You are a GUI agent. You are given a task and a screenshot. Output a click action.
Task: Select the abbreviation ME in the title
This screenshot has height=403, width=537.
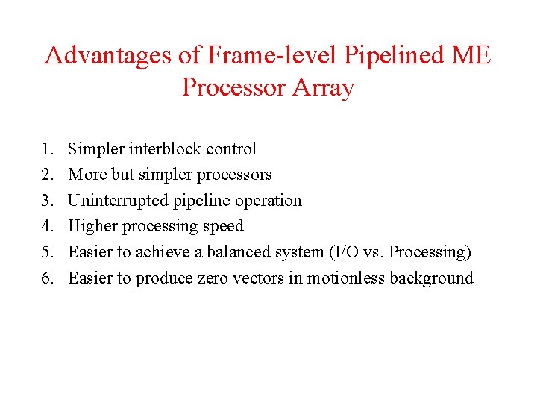(470, 56)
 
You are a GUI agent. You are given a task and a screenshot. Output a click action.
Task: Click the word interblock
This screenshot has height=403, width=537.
(165, 149)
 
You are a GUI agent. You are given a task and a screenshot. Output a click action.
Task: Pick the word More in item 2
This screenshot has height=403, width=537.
(87, 175)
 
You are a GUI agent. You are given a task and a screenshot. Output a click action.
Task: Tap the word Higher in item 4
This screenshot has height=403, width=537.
(92, 226)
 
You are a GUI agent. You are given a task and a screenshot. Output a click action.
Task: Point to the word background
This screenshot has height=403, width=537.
(433, 278)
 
